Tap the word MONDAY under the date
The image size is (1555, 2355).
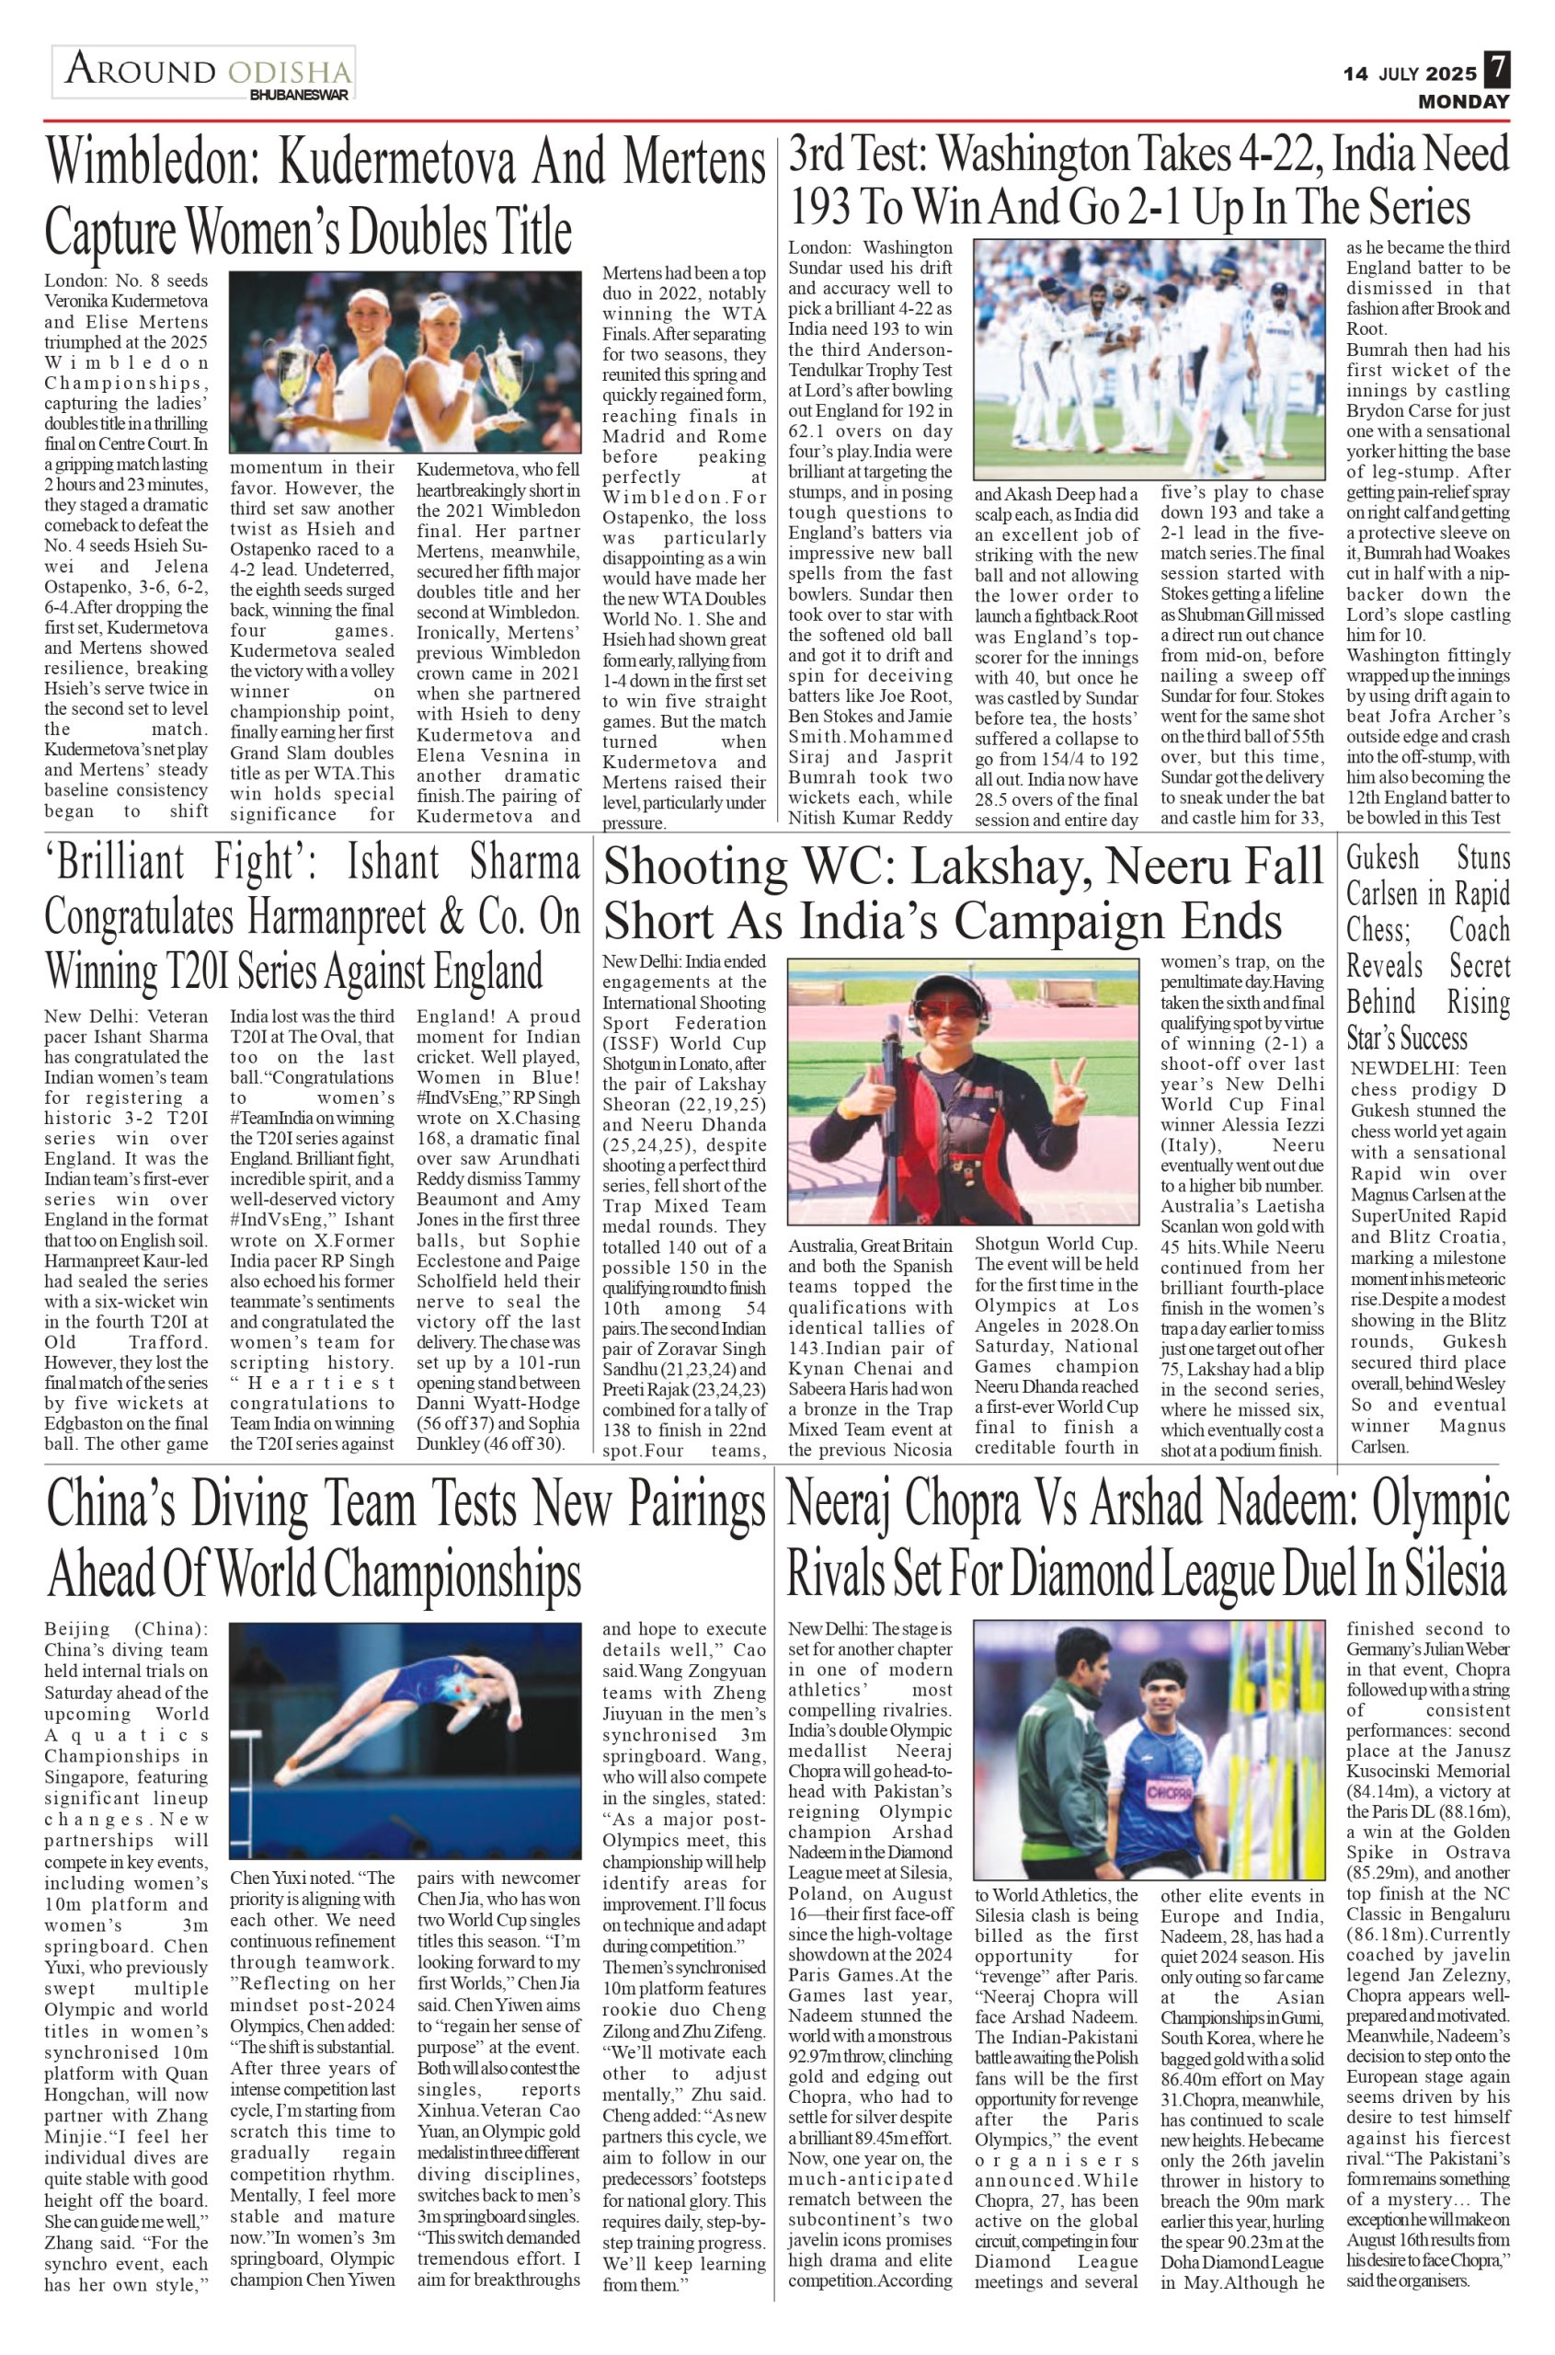(1463, 102)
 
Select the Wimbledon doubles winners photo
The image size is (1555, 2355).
(405, 362)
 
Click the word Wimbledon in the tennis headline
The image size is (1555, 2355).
(154, 163)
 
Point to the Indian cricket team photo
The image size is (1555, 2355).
(1149, 359)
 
